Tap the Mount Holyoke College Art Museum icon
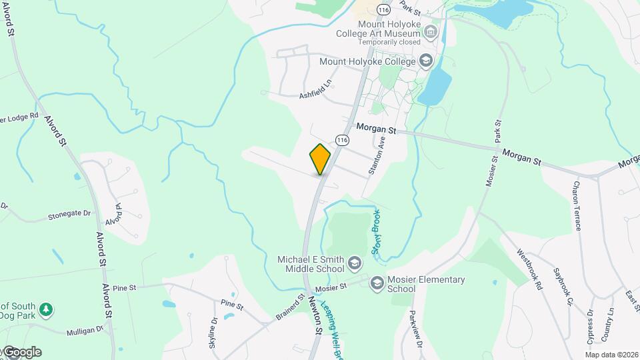(431, 32)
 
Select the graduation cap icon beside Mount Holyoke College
(425, 61)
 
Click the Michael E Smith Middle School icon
(355, 265)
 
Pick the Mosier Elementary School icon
(377, 283)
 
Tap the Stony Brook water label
(375, 238)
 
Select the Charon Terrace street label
(576, 205)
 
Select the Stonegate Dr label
(69, 215)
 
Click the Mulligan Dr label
(85, 331)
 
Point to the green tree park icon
(46, 310)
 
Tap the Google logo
(21, 352)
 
